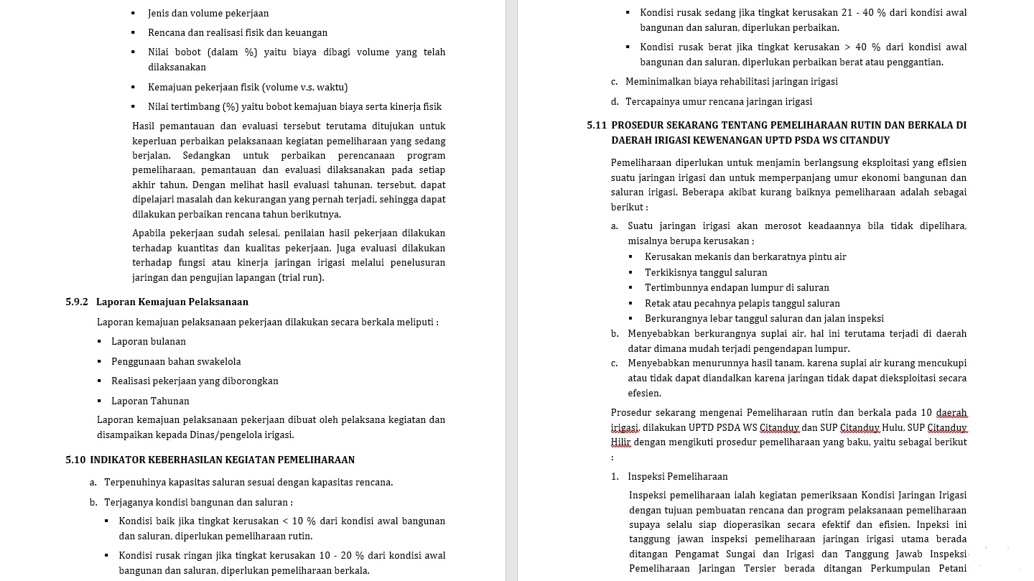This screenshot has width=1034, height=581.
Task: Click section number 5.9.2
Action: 77,302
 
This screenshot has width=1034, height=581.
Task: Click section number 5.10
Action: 75,460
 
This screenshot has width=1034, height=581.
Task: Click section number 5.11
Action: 596,126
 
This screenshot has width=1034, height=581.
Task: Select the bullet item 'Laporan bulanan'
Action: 149,342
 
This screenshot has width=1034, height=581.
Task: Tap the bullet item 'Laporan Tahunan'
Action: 150,401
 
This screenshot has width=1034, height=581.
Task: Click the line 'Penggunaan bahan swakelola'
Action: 176,362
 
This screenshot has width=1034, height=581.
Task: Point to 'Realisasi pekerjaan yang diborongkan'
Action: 195,381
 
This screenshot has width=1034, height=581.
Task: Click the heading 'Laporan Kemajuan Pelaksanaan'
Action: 172,302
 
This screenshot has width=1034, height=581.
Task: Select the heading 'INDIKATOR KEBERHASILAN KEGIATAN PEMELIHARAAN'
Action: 223,460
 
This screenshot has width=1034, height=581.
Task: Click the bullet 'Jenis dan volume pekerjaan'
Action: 208,14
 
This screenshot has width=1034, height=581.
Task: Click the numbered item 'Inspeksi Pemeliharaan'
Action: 677,477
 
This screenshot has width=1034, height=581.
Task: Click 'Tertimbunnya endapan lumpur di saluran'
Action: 737,288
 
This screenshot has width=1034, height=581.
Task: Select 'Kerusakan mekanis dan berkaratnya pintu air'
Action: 745,257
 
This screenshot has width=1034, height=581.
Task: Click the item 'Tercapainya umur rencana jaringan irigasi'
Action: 719,102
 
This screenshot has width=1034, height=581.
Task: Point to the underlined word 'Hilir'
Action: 620,442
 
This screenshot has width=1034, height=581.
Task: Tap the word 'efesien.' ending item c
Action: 644,394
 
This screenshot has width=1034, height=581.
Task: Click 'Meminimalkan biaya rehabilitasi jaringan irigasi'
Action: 732,82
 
